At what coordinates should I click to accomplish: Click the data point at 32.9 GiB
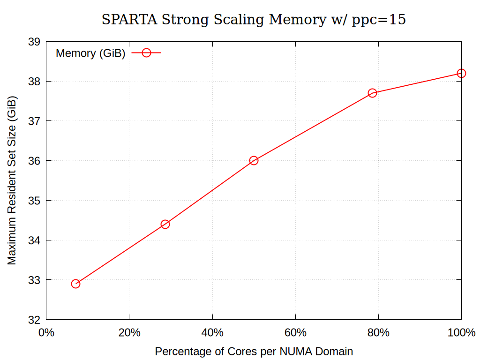click(x=75, y=284)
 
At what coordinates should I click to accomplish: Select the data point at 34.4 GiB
click(x=165, y=224)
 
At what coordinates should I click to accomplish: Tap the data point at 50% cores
click(x=254, y=160)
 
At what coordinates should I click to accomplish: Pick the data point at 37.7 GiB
click(x=373, y=93)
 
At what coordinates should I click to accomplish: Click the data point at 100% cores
click(x=461, y=73)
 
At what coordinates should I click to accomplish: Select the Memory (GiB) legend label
click(x=90, y=53)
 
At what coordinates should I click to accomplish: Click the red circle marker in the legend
click(x=146, y=53)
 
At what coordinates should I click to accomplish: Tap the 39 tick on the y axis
click(x=34, y=42)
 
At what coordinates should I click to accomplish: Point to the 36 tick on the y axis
click(x=34, y=161)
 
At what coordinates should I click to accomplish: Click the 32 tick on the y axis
click(x=34, y=320)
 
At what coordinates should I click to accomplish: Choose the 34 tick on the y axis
click(x=34, y=240)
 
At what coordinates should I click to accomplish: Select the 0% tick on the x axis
click(x=46, y=333)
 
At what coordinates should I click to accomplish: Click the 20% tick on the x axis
click(x=129, y=333)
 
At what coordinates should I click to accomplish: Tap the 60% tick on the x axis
click(x=295, y=333)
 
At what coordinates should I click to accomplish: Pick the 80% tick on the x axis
click(x=378, y=333)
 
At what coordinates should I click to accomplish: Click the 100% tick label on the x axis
click(x=461, y=333)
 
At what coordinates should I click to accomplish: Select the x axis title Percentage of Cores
click(x=254, y=351)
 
